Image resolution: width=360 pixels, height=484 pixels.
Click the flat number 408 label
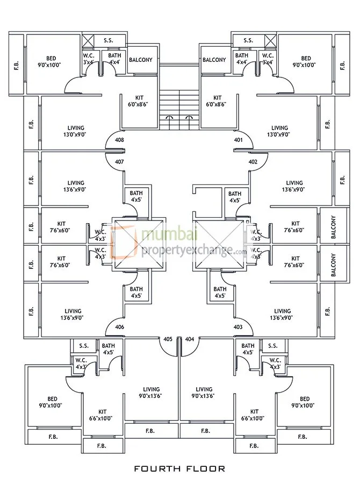[x=119, y=140]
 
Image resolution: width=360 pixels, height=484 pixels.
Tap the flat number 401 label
[x=239, y=140]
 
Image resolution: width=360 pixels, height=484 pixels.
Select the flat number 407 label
[x=119, y=161]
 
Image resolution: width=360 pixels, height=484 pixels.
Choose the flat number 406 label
[x=119, y=327]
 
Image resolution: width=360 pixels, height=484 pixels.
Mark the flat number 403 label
[x=239, y=327]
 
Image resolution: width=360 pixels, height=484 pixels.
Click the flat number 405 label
[x=168, y=339]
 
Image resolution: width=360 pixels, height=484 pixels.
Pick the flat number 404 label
[x=189, y=339]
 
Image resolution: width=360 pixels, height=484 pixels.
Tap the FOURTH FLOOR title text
[x=180, y=468]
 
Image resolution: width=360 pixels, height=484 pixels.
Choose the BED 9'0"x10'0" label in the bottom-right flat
[x=305, y=402]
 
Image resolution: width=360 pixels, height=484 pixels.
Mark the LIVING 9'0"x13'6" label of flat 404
[x=204, y=393]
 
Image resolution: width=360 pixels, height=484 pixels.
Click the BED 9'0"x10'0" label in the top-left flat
[x=52, y=61]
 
